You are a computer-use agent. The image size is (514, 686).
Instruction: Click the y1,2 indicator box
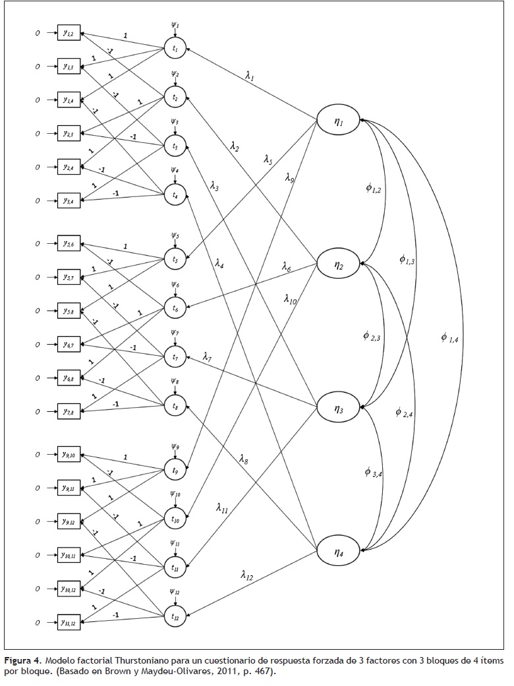point(69,32)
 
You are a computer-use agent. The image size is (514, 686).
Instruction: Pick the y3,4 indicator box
point(69,200)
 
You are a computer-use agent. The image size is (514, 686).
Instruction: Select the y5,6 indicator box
point(69,244)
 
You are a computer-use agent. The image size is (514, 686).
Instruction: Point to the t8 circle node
point(175,407)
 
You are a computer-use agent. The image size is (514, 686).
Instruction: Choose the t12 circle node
point(175,617)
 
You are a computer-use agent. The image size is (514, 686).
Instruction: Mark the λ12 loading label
point(247,575)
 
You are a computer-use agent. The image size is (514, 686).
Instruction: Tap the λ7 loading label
point(207,358)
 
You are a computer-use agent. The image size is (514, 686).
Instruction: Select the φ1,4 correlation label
point(449,337)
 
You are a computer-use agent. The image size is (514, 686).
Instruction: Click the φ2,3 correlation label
point(372,336)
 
